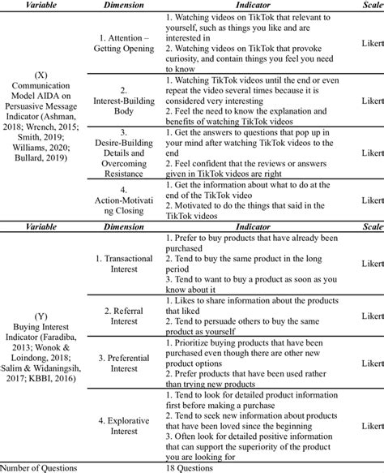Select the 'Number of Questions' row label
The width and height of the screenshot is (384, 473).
pos(39,467)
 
